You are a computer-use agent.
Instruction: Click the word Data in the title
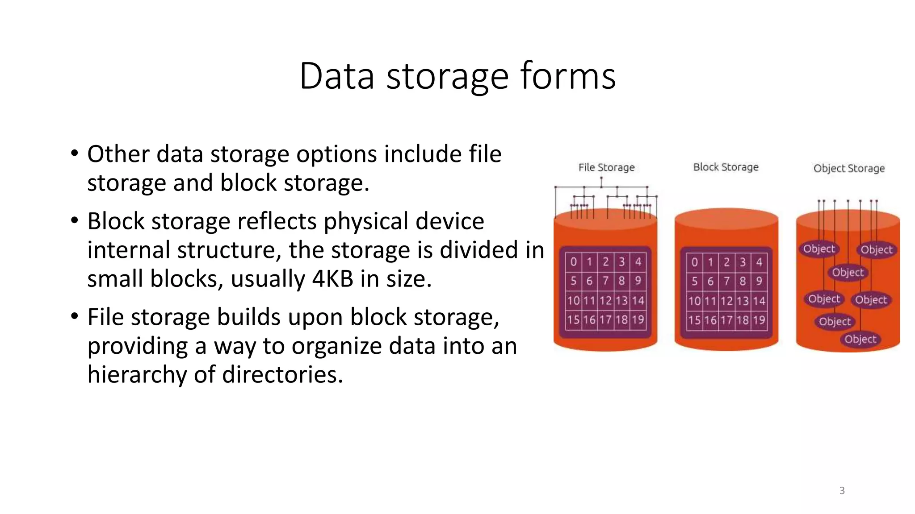(336, 76)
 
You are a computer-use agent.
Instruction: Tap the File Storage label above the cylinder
(606, 168)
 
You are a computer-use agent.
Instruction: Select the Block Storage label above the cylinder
(726, 167)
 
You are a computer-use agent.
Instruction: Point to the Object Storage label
(848, 169)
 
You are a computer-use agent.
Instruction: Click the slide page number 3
(842, 491)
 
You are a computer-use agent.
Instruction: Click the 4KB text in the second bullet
(332, 279)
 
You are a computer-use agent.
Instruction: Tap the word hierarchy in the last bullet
(137, 374)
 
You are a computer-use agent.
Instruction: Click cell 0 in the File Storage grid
(573, 262)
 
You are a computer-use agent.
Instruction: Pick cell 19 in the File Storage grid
(638, 320)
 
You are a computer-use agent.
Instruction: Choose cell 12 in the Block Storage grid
(726, 301)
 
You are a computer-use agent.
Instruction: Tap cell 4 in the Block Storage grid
(759, 262)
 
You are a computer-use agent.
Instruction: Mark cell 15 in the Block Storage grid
(694, 320)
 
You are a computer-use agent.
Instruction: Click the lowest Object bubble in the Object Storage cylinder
(860, 340)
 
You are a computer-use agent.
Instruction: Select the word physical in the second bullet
(361, 221)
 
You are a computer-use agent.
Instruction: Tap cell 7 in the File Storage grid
(605, 281)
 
